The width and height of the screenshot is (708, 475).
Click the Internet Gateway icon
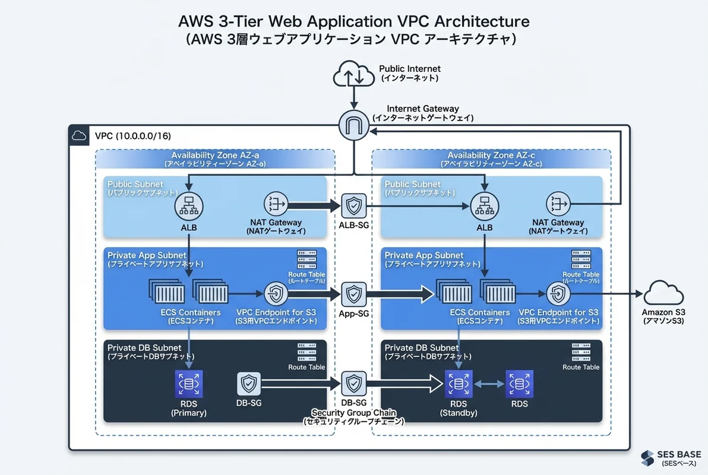pos(354,125)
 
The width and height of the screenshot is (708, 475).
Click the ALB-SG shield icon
pos(354,206)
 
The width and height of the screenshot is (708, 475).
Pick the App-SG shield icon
pos(354,294)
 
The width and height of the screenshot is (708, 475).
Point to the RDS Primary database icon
pos(189,384)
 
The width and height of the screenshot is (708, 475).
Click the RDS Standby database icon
pos(458,384)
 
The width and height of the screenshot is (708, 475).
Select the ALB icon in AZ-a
pos(189,206)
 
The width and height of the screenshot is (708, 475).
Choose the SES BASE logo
pos(672,458)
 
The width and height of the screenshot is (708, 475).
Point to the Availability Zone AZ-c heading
pos(491,155)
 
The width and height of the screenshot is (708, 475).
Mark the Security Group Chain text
pos(354,413)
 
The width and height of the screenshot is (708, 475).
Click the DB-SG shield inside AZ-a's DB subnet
pos(249,384)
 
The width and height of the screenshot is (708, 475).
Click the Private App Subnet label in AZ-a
pos(147,255)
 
